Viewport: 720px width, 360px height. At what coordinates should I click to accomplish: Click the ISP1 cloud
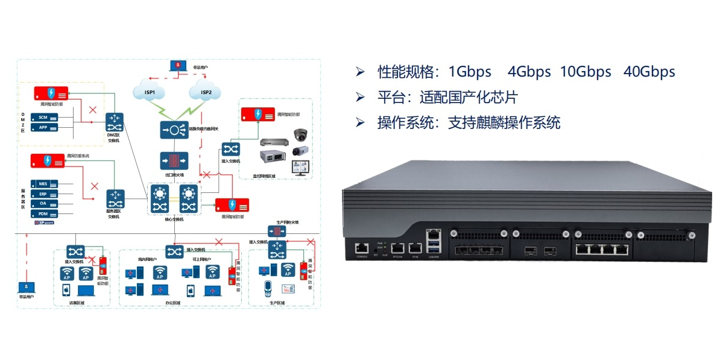[x=150, y=92]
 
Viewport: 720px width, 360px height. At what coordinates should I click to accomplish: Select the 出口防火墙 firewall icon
[x=174, y=161]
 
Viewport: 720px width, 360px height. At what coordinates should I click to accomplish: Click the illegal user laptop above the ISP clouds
[x=177, y=66]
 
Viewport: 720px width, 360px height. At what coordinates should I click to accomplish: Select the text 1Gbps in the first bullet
[x=470, y=72]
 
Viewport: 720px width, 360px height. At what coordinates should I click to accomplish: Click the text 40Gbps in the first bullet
[x=649, y=72]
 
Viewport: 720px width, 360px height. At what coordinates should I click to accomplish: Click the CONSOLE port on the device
[x=361, y=247]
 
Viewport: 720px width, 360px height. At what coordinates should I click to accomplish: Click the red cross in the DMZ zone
[x=92, y=110]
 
